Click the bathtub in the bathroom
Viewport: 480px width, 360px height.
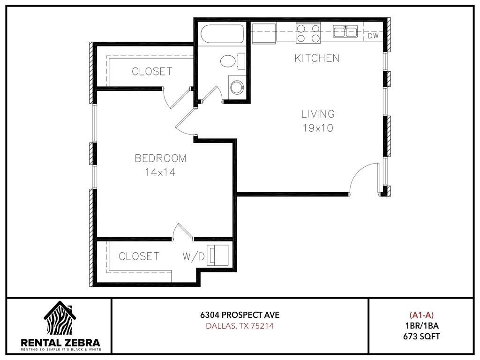coord(222,34)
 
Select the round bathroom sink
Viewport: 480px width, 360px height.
coord(236,87)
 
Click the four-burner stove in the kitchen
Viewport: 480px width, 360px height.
coord(308,33)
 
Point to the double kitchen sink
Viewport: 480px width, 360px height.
coord(345,31)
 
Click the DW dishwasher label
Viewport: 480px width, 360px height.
coord(373,36)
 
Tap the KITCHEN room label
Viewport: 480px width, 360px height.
coord(317,58)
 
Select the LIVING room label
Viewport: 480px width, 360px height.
coord(318,114)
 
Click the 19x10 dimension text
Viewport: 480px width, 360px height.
coord(318,128)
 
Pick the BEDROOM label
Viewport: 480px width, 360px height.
coord(160,158)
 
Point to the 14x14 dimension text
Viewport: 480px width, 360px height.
coord(160,172)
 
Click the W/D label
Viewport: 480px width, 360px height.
coord(194,256)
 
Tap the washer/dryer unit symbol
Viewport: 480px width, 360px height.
coord(217,255)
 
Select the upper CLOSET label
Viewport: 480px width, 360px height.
coord(152,72)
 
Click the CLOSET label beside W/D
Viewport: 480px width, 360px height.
coord(139,256)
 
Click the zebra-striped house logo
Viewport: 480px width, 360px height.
coord(60,318)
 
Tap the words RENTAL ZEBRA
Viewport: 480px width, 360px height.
coord(60,343)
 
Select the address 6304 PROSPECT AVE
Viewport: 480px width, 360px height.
coord(240,315)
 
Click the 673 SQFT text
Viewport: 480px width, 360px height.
coord(421,337)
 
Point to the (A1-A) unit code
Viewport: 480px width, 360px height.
coord(421,315)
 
